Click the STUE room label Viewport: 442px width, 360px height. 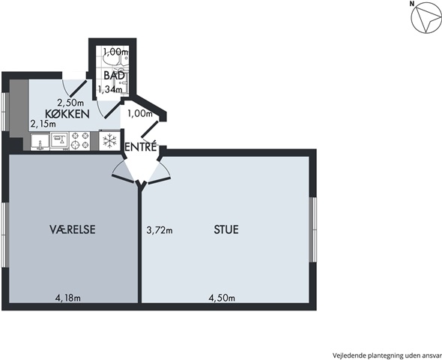tap(226, 229)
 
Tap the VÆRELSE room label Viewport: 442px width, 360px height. tap(73, 229)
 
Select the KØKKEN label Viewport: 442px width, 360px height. tap(67, 114)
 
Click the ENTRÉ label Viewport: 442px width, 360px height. tap(140, 147)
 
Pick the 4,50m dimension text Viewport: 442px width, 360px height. tap(222, 298)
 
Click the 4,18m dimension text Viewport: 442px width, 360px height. tap(67, 298)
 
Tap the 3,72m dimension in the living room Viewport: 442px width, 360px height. tap(160, 230)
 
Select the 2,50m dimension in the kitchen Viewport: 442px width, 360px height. tap(70, 102)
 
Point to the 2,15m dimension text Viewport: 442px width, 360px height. tap(43, 124)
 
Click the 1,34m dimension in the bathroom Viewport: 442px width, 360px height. tap(110, 89)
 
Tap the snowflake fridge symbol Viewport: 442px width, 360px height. tap(109, 140)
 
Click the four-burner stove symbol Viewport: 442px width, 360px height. tap(79, 140)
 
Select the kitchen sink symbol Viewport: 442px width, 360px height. tap(40, 142)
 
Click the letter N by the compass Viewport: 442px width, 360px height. tap(412, 4)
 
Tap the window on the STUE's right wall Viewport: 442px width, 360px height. tap(312, 229)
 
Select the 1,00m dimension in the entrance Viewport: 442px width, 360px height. tap(140, 114)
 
